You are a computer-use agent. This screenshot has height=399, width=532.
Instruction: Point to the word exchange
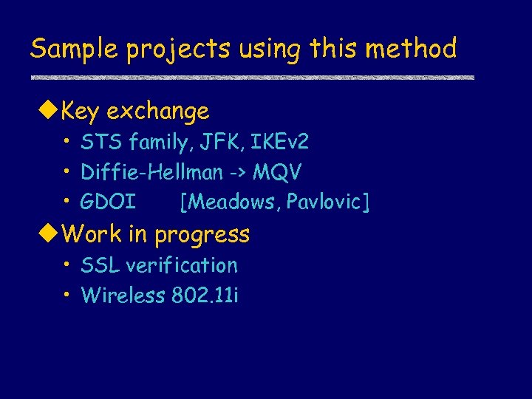pyautogui.click(x=157, y=112)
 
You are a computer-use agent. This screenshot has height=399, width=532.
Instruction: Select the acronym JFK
pyautogui.click(x=222, y=141)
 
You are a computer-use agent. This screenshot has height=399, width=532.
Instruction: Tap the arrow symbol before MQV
pyautogui.click(x=237, y=173)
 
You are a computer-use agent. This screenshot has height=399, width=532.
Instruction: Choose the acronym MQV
pyautogui.click(x=277, y=173)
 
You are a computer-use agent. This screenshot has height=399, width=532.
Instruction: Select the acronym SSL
pyautogui.click(x=100, y=265)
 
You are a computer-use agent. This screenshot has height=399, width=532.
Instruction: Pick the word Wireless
pyautogui.click(x=123, y=296)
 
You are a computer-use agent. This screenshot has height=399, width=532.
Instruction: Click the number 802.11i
pyautogui.click(x=205, y=296)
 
